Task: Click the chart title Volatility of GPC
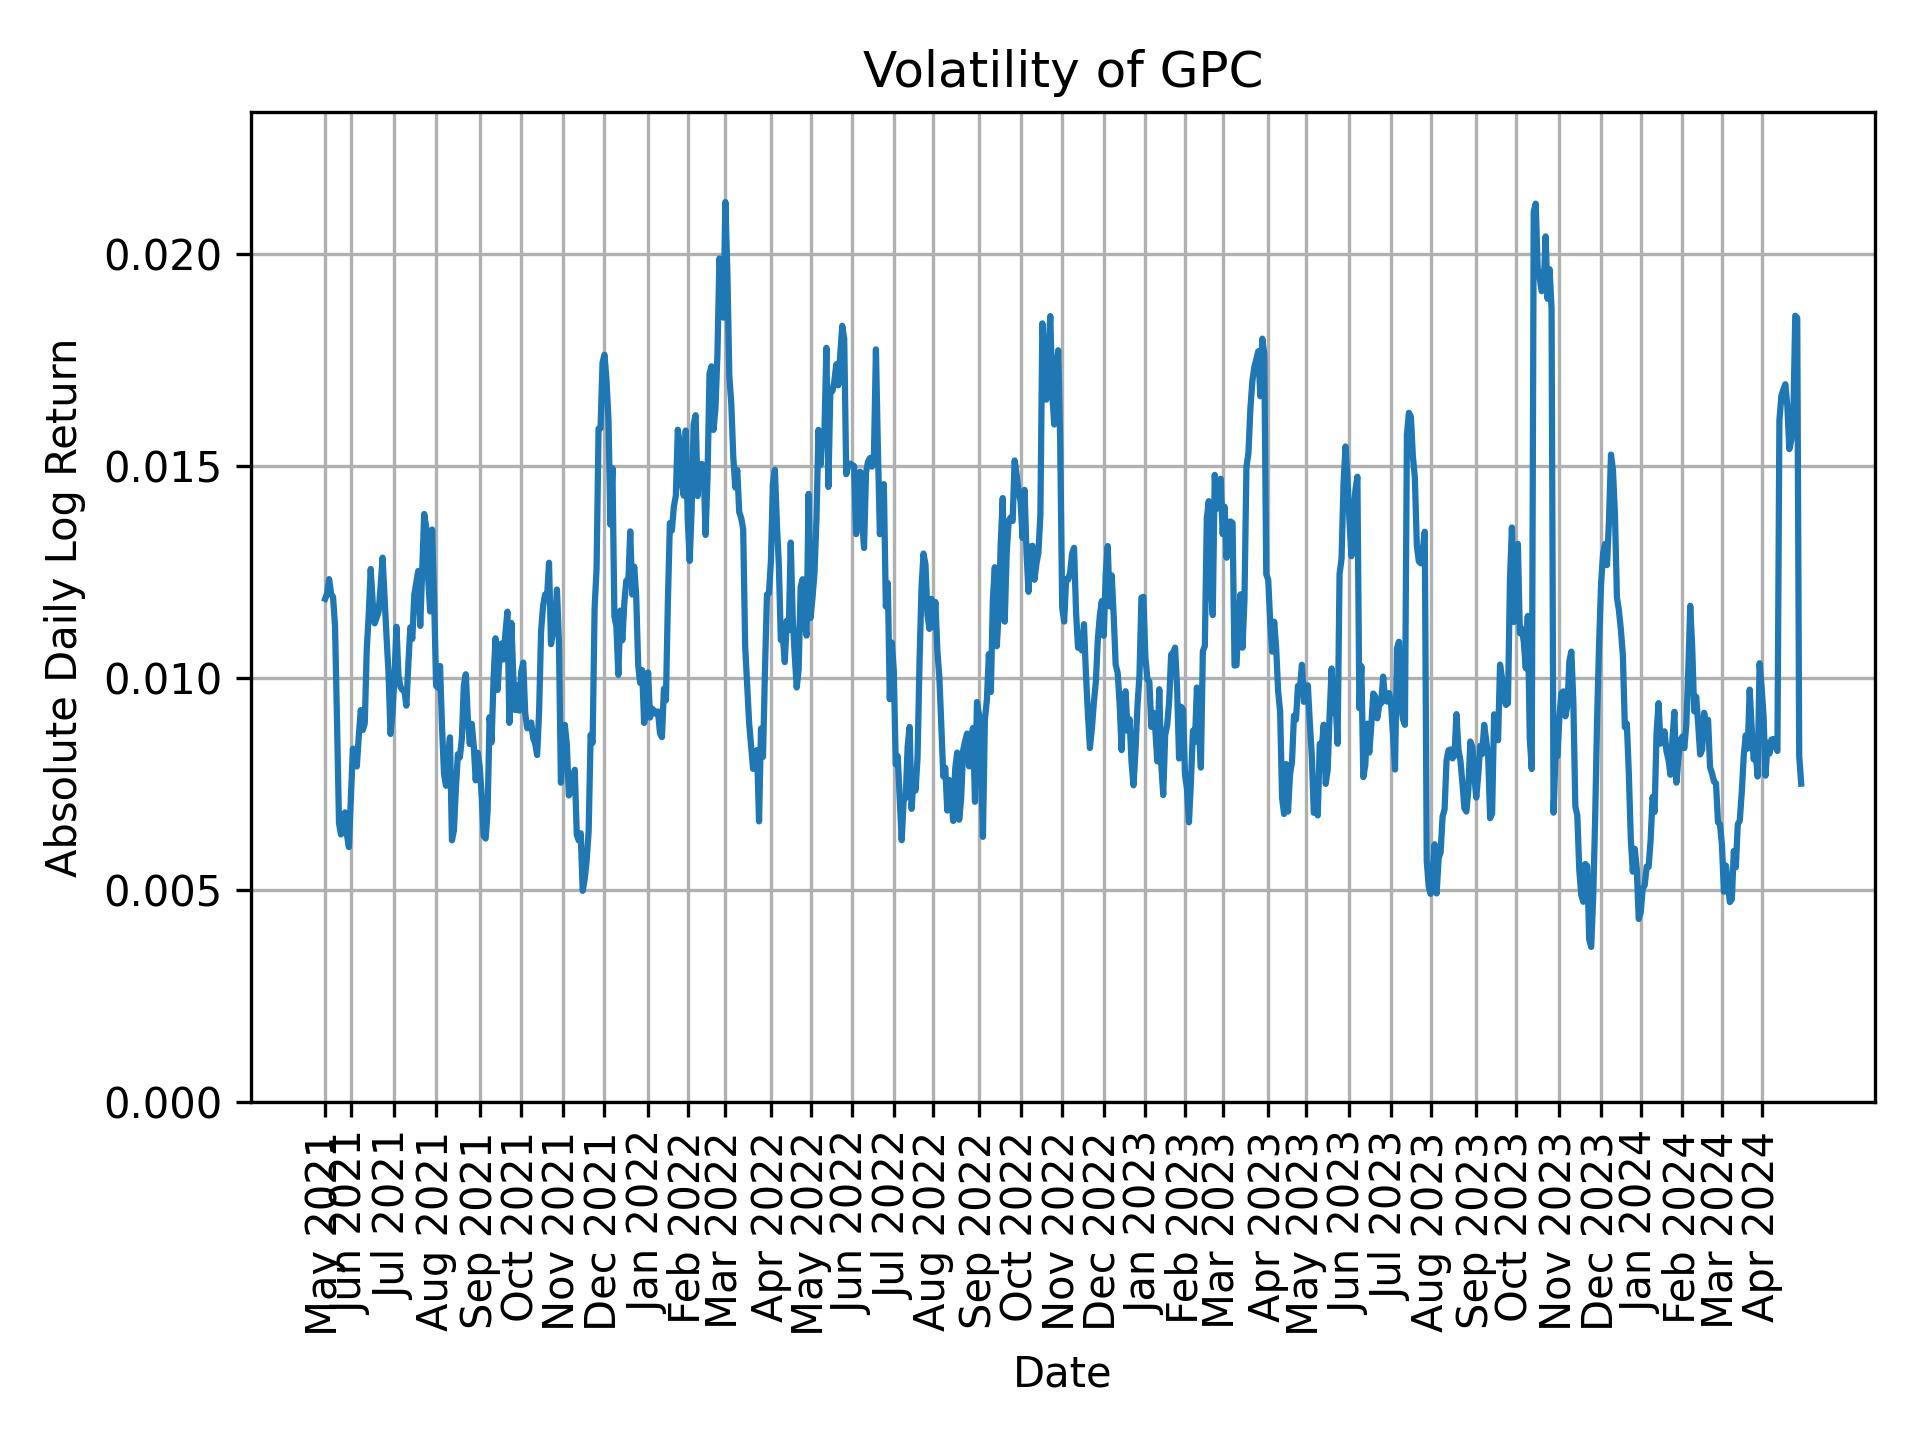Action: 1062,72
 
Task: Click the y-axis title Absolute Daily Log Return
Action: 64,607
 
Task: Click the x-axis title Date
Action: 1062,1373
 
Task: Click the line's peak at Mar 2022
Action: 725,203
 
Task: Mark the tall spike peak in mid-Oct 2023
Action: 1535,205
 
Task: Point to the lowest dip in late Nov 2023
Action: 1590,945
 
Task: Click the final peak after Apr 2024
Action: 1795,317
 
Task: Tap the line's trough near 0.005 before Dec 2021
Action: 583,890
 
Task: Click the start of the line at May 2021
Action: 324,599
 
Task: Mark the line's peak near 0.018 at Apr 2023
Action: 1262,339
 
